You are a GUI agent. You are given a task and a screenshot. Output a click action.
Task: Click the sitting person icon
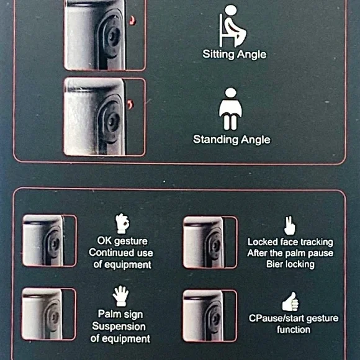coord(232,27)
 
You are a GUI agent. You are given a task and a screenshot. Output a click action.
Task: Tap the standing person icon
coord(230,109)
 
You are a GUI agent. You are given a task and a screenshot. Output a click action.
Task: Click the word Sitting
coord(218,55)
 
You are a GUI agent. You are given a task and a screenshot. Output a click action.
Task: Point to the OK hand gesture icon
coord(122,223)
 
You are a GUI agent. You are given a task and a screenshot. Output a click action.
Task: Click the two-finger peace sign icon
coord(290,225)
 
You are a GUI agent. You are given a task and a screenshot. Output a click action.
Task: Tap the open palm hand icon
coord(121,295)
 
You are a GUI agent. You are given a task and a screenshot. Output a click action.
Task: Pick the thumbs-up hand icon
coord(290,302)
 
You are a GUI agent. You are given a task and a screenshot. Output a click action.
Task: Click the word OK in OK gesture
coord(104,241)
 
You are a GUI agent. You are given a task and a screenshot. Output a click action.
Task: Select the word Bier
coord(274,264)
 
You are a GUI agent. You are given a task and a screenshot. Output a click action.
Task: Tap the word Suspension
coord(119,326)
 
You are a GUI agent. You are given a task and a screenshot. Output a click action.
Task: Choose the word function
coord(294,330)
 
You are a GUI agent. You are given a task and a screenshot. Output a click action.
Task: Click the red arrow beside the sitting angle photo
coord(132,20)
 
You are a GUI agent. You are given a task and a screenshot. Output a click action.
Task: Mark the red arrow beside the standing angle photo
coord(130,105)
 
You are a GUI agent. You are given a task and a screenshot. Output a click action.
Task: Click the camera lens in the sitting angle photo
coord(113,36)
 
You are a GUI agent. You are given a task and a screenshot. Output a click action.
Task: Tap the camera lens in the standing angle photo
coord(112,122)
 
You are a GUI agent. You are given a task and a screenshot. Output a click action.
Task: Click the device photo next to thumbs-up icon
coord(210,316)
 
